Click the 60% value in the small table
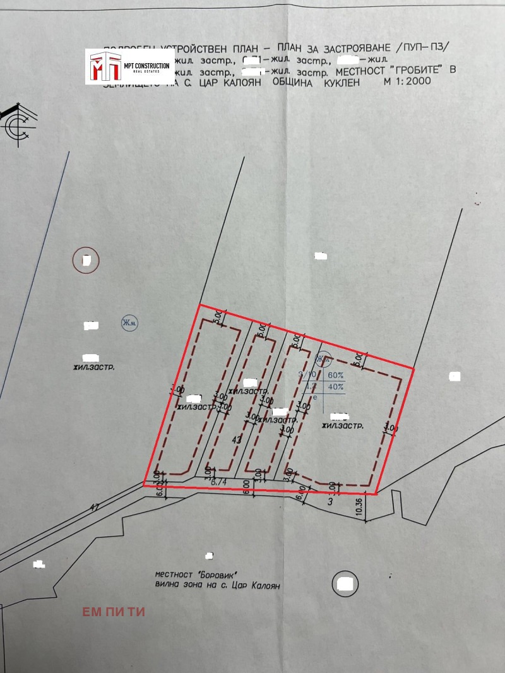[x=336, y=374]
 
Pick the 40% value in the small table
[x=336, y=387]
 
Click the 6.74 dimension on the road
[x=218, y=482]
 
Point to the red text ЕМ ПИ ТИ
[x=114, y=612]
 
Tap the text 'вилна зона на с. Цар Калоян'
[x=217, y=586]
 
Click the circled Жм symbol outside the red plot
[x=129, y=324]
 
